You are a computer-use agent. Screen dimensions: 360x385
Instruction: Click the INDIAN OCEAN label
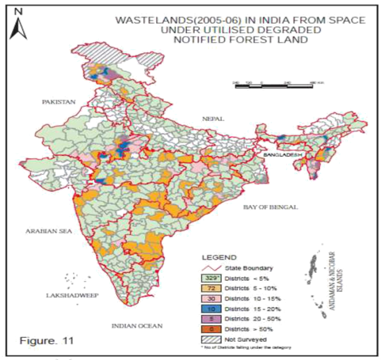[x=137, y=325]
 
